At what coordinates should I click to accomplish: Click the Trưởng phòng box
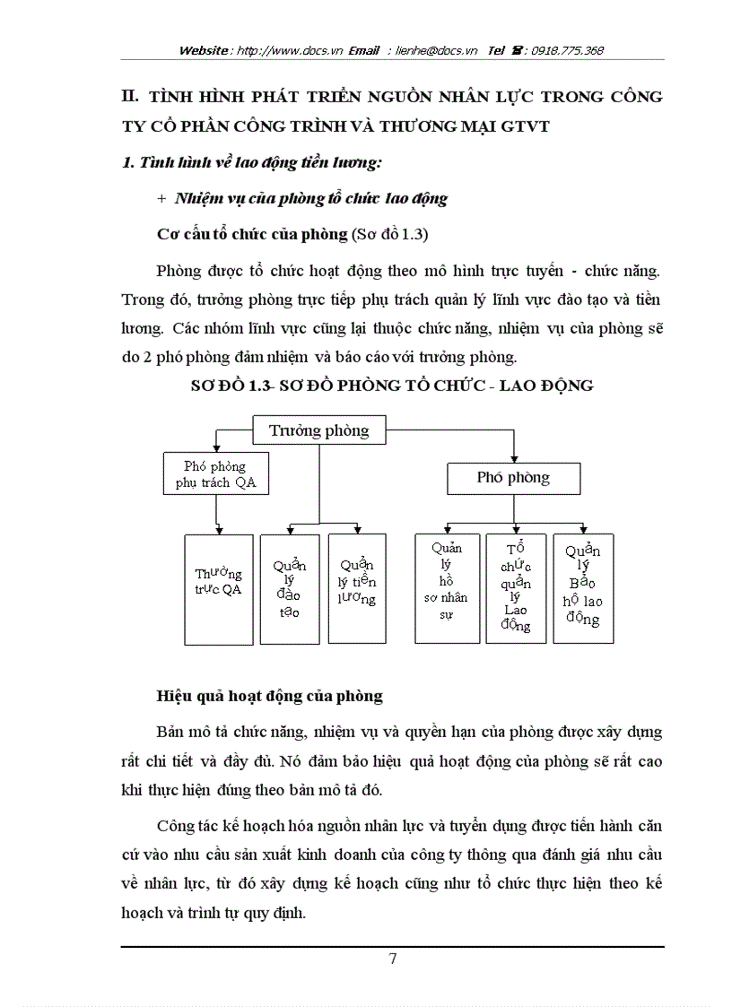pos(318,431)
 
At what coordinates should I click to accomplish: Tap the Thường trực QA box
pos(218,589)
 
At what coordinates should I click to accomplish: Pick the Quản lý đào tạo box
pos(289,588)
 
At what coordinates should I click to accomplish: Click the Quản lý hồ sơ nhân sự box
pos(447,588)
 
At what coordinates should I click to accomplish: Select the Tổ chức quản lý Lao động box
pos(515,588)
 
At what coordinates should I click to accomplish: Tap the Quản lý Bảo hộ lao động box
pos(583,588)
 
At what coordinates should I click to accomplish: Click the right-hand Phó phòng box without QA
pos(513,478)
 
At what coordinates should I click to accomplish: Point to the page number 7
pos(392,959)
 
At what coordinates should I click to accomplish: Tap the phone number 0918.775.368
pos(567,51)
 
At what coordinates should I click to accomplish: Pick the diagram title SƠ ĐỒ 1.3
pos(393,386)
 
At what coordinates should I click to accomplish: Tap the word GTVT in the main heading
pos(528,127)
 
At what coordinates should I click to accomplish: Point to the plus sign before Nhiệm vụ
pos(161,199)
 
